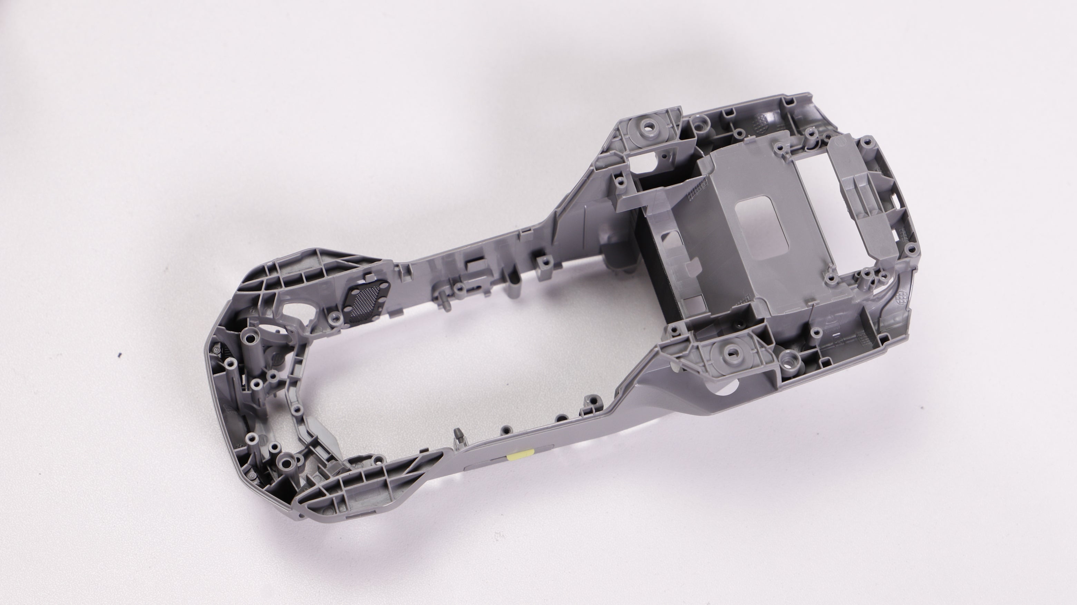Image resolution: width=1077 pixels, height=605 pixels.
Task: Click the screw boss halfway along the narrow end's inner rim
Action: pyautogui.click(x=297, y=409)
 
